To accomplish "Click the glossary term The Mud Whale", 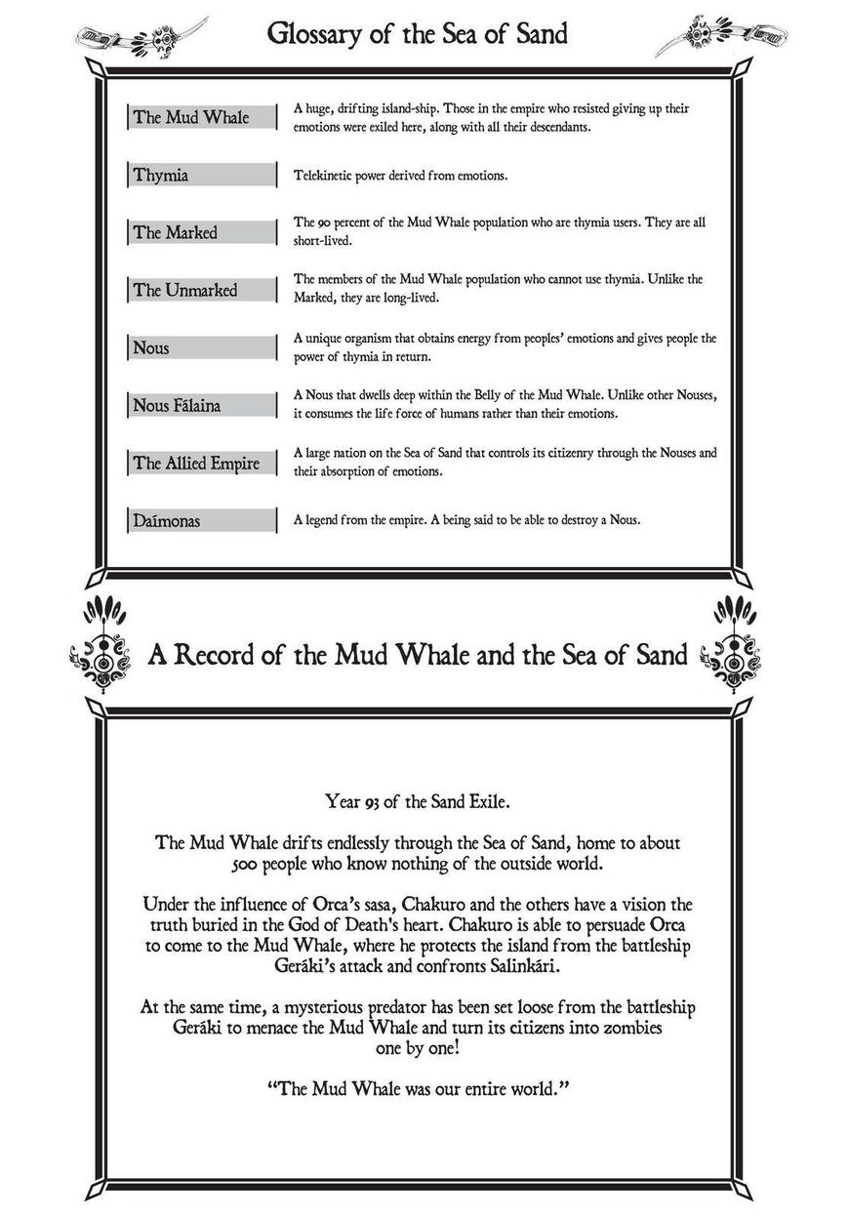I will point(191,117).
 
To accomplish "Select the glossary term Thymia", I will point(161,176).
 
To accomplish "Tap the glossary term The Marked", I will point(176,232).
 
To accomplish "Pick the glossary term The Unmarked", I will point(185,290).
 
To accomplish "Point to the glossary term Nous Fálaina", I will point(178,405).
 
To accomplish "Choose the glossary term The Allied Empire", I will point(197,463).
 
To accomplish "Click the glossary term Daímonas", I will point(167,521).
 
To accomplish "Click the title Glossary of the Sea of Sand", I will point(418,36).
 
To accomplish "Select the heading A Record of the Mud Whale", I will point(418,653).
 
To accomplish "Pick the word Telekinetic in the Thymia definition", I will point(325,176).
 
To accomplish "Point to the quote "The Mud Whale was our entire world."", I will point(417,1084).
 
